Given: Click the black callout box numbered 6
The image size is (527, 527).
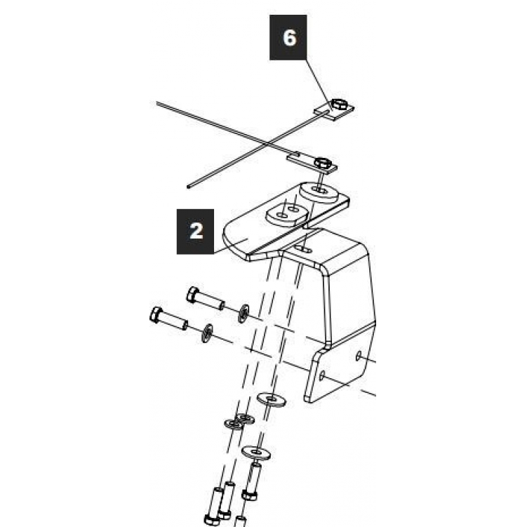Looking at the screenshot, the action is pos(288,37).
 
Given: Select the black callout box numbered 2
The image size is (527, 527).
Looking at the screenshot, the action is pos(195,232).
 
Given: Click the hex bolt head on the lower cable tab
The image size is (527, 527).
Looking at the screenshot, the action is pos(323,163).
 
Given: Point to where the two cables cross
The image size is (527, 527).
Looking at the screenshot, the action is pos(267,144).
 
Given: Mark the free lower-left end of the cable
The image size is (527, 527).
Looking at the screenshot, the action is pos(189,187).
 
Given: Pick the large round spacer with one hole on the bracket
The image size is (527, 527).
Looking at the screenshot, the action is pos(319,192).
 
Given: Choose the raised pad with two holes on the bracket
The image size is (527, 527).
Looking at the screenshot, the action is pos(287,214).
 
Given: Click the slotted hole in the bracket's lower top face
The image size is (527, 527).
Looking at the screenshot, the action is pos(303,249).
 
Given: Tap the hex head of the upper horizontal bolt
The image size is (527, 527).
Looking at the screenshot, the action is pos(192,295).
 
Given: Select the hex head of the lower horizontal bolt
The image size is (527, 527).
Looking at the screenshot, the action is pos(156,315).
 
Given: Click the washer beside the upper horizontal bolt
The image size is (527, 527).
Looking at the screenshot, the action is pos(244,313).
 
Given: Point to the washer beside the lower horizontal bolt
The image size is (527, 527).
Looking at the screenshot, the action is pos(207,333).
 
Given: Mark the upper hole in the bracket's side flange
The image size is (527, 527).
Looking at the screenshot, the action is pos(359,356).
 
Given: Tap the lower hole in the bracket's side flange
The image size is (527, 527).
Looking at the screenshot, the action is pos(322,375).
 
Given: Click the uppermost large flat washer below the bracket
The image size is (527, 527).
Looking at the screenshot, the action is pos(272,399).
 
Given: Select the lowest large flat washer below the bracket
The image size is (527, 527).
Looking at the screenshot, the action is pos(256,453).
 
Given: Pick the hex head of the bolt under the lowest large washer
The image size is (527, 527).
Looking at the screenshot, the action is pos(249,495).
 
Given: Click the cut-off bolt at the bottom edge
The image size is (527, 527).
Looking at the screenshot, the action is pos(239,522).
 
